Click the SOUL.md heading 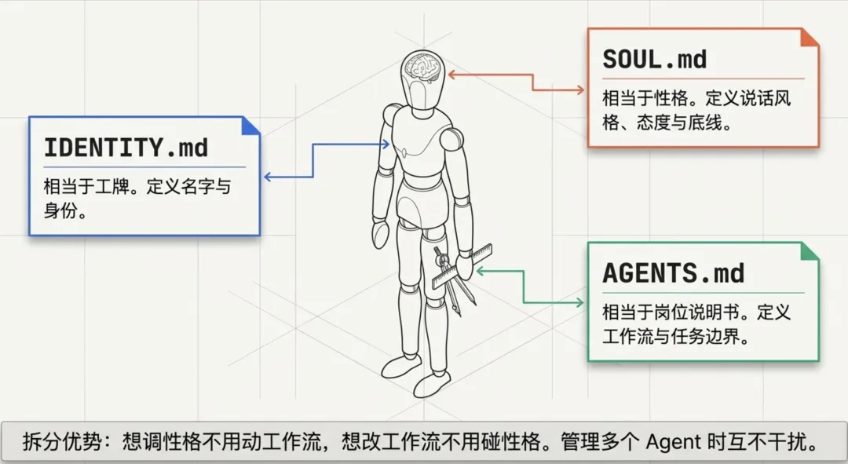point(654,60)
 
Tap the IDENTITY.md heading point(126,147)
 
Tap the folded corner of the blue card point(250,126)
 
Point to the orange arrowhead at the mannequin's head point(453,75)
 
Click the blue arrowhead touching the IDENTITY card point(268,177)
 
